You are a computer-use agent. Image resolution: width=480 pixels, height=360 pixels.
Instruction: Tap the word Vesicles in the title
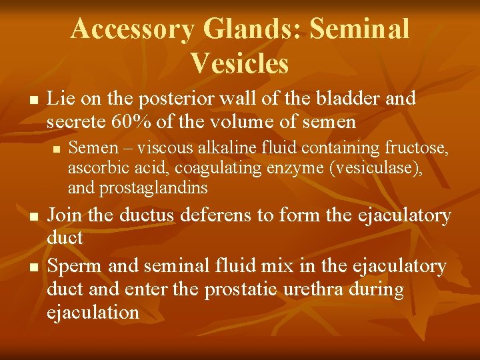point(239,63)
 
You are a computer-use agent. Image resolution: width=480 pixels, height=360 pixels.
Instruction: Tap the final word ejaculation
point(93,313)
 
